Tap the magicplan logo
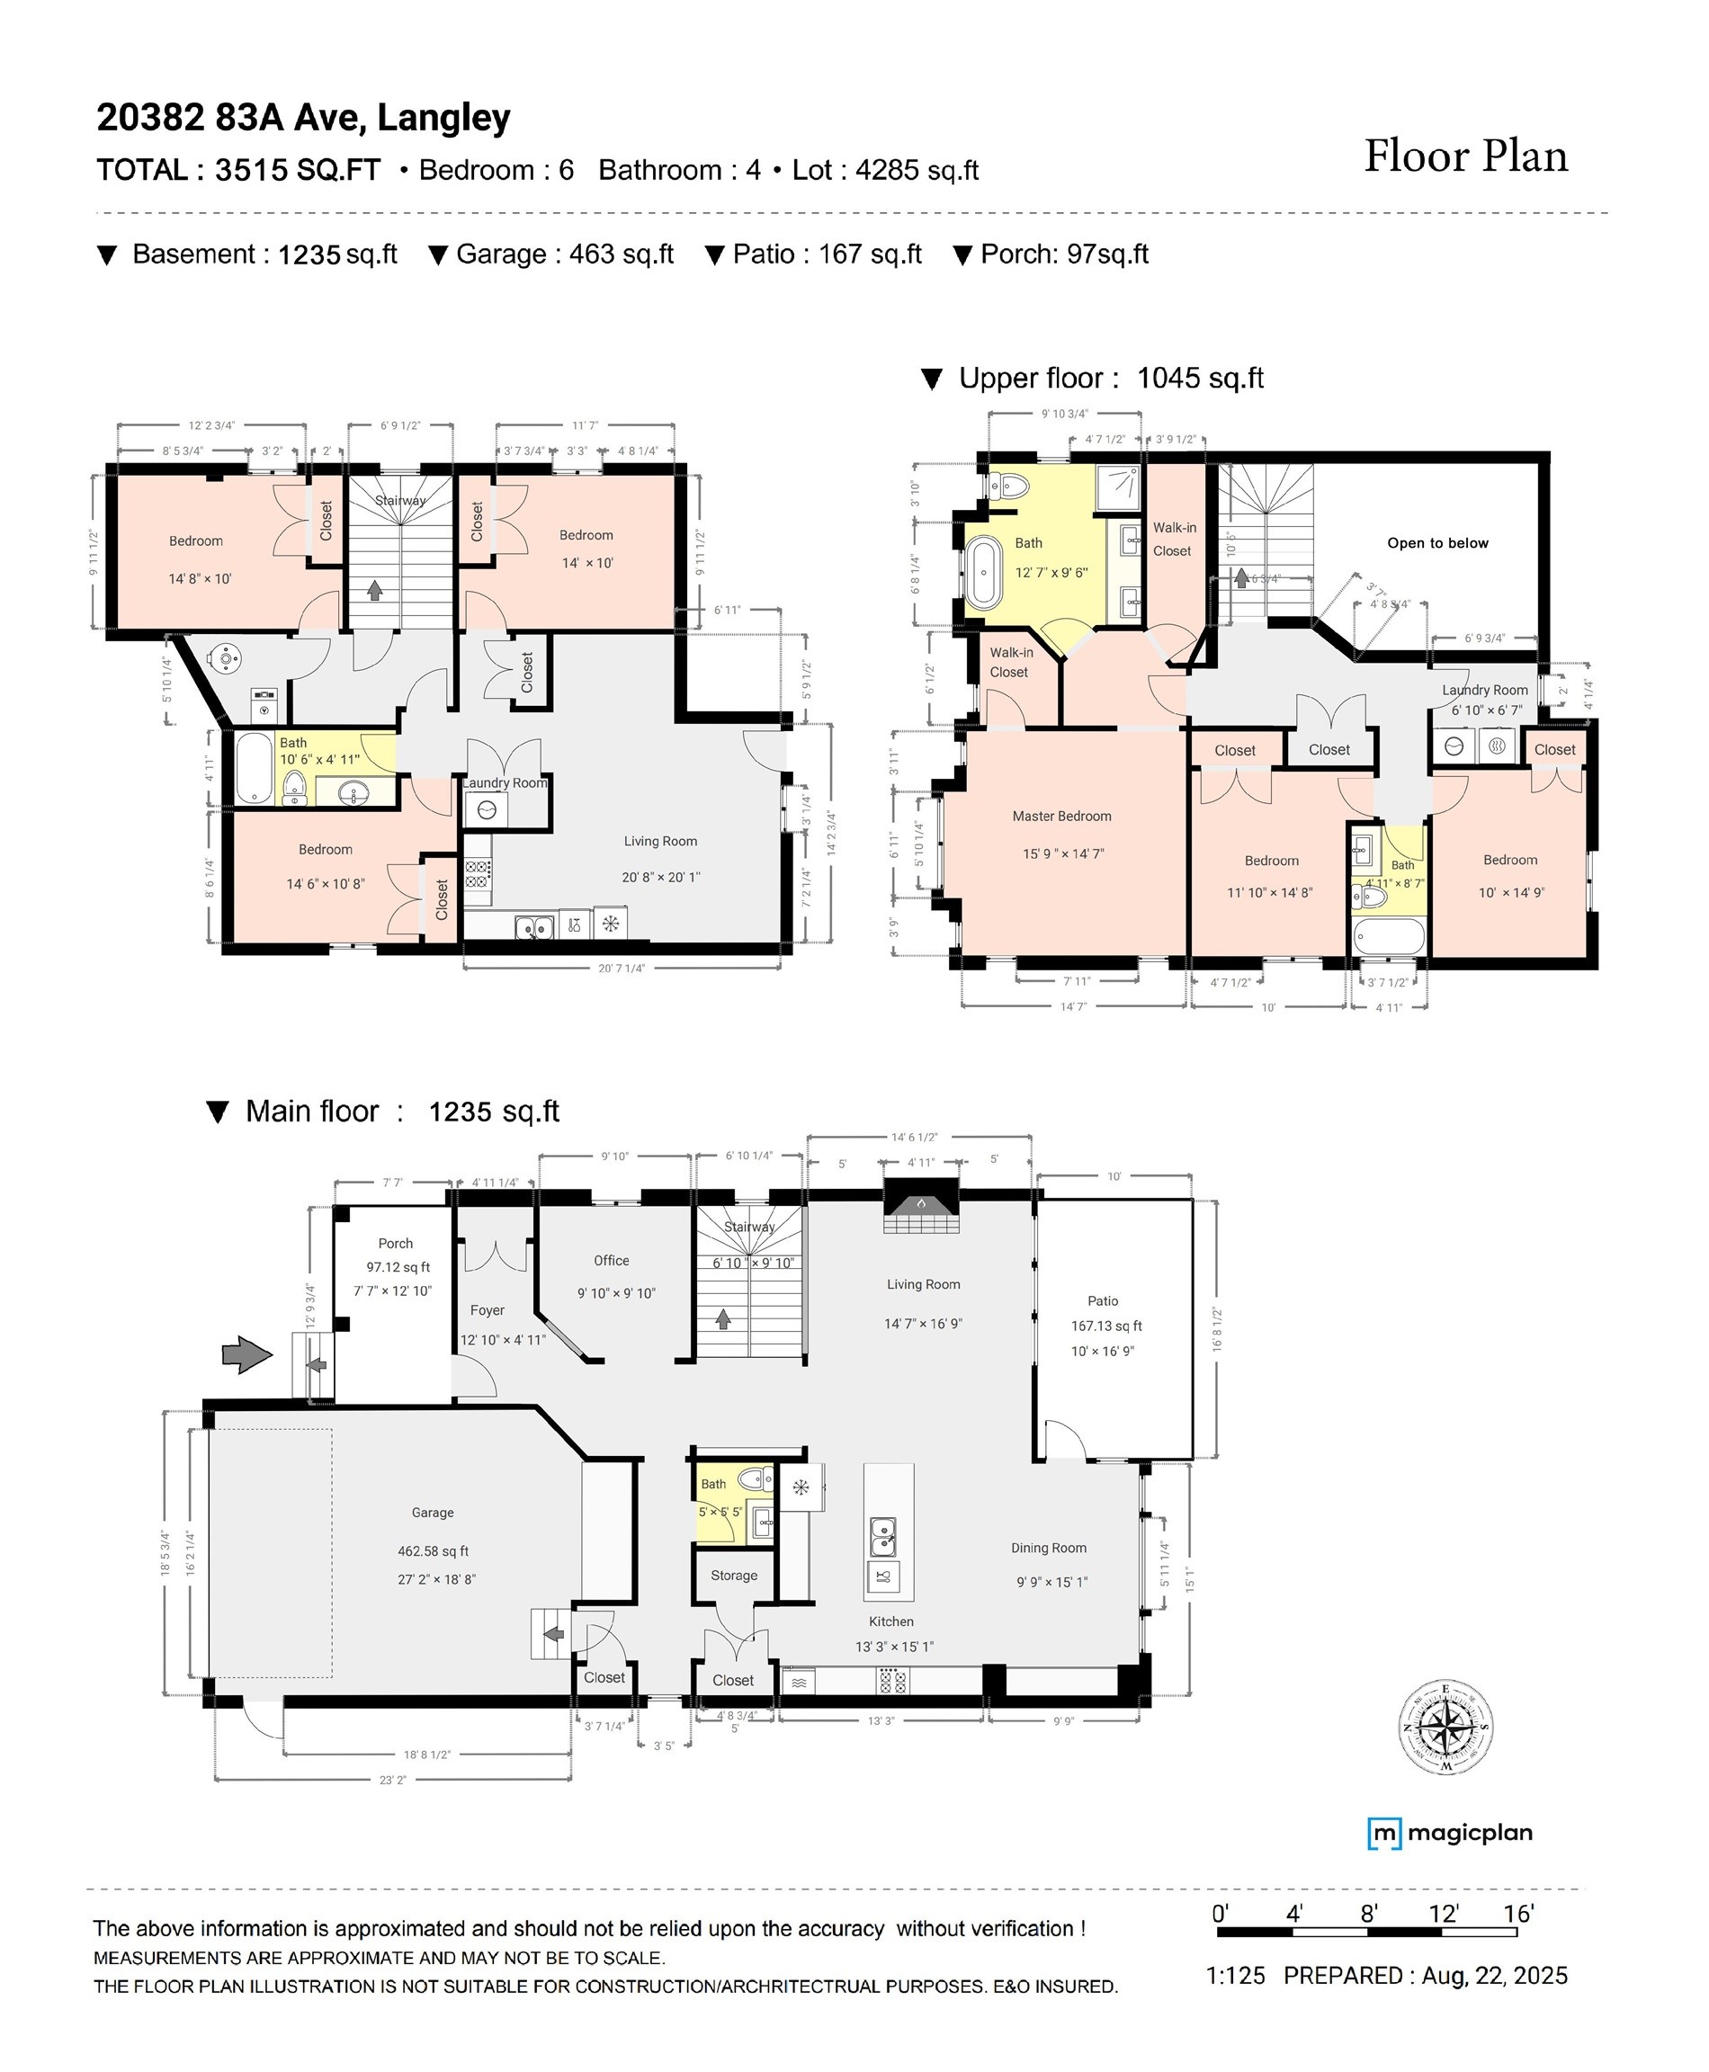tap(1449, 1833)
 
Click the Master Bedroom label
tap(1061, 816)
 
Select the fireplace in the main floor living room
tap(920, 1207)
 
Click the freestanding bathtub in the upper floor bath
tap(981, 571)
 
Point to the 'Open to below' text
tap(1436, 543)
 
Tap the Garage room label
tap(432, 1512)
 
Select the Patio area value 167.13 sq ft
tap(1105, 1326)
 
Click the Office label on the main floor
tap(611, 1261)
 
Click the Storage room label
tap(733, 1575)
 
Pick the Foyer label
tap(488, 1310)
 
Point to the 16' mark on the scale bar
tap(1518, 1914)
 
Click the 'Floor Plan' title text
tap(1465, 156)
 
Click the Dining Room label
tap(1049, 1548)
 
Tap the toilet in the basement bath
tap(293, 788)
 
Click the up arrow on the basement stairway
tap(374, 590)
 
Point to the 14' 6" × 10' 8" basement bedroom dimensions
tap(325, 884)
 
